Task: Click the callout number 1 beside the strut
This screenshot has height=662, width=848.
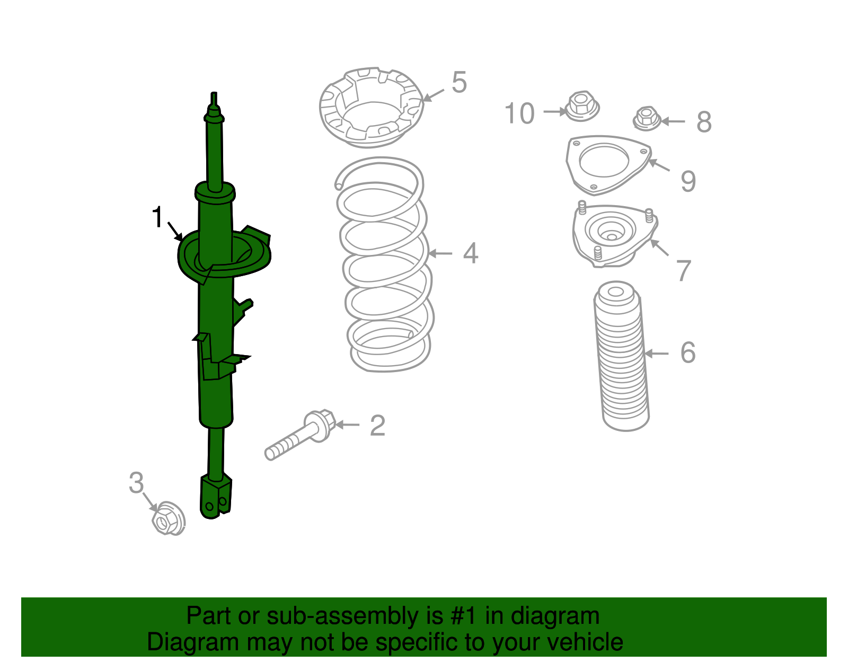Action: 157,217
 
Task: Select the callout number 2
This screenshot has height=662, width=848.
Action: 377,425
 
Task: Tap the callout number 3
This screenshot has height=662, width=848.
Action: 136,482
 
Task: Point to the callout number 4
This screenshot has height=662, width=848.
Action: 471,253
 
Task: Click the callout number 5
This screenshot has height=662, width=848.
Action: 459,82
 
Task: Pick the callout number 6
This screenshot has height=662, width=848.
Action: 687,352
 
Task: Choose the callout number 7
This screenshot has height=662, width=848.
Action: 683,271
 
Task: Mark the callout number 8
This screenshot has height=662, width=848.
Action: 704,122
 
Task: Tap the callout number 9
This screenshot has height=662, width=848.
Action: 688,181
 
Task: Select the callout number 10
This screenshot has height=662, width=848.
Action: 519,113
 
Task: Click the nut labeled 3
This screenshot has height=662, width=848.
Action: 168,518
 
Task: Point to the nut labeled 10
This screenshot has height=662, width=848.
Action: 582,106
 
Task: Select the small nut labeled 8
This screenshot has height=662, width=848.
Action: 647,118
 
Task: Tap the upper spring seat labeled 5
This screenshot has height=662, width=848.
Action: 371,108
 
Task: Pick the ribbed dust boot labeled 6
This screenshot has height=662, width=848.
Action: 621,356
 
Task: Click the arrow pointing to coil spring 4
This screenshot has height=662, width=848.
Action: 440,253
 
